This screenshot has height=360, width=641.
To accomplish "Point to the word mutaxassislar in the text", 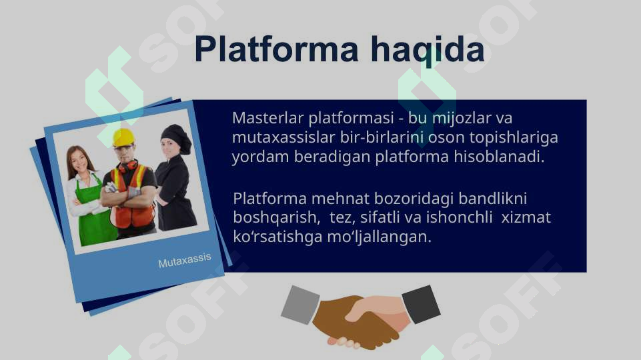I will pos(275,138).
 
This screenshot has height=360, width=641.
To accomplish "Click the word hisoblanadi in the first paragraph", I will pos(499,158).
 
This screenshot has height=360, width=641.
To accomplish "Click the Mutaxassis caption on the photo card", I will pos(185,261).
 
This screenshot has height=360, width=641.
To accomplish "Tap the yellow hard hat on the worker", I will pos(123,137).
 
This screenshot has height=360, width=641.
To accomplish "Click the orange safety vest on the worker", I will pos(133,200).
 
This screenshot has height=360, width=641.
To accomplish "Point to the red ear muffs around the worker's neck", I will pos(129,165).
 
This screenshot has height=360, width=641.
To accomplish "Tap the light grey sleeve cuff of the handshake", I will pos(300,304).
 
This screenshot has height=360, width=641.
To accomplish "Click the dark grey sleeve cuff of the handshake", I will pos(421,304).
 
